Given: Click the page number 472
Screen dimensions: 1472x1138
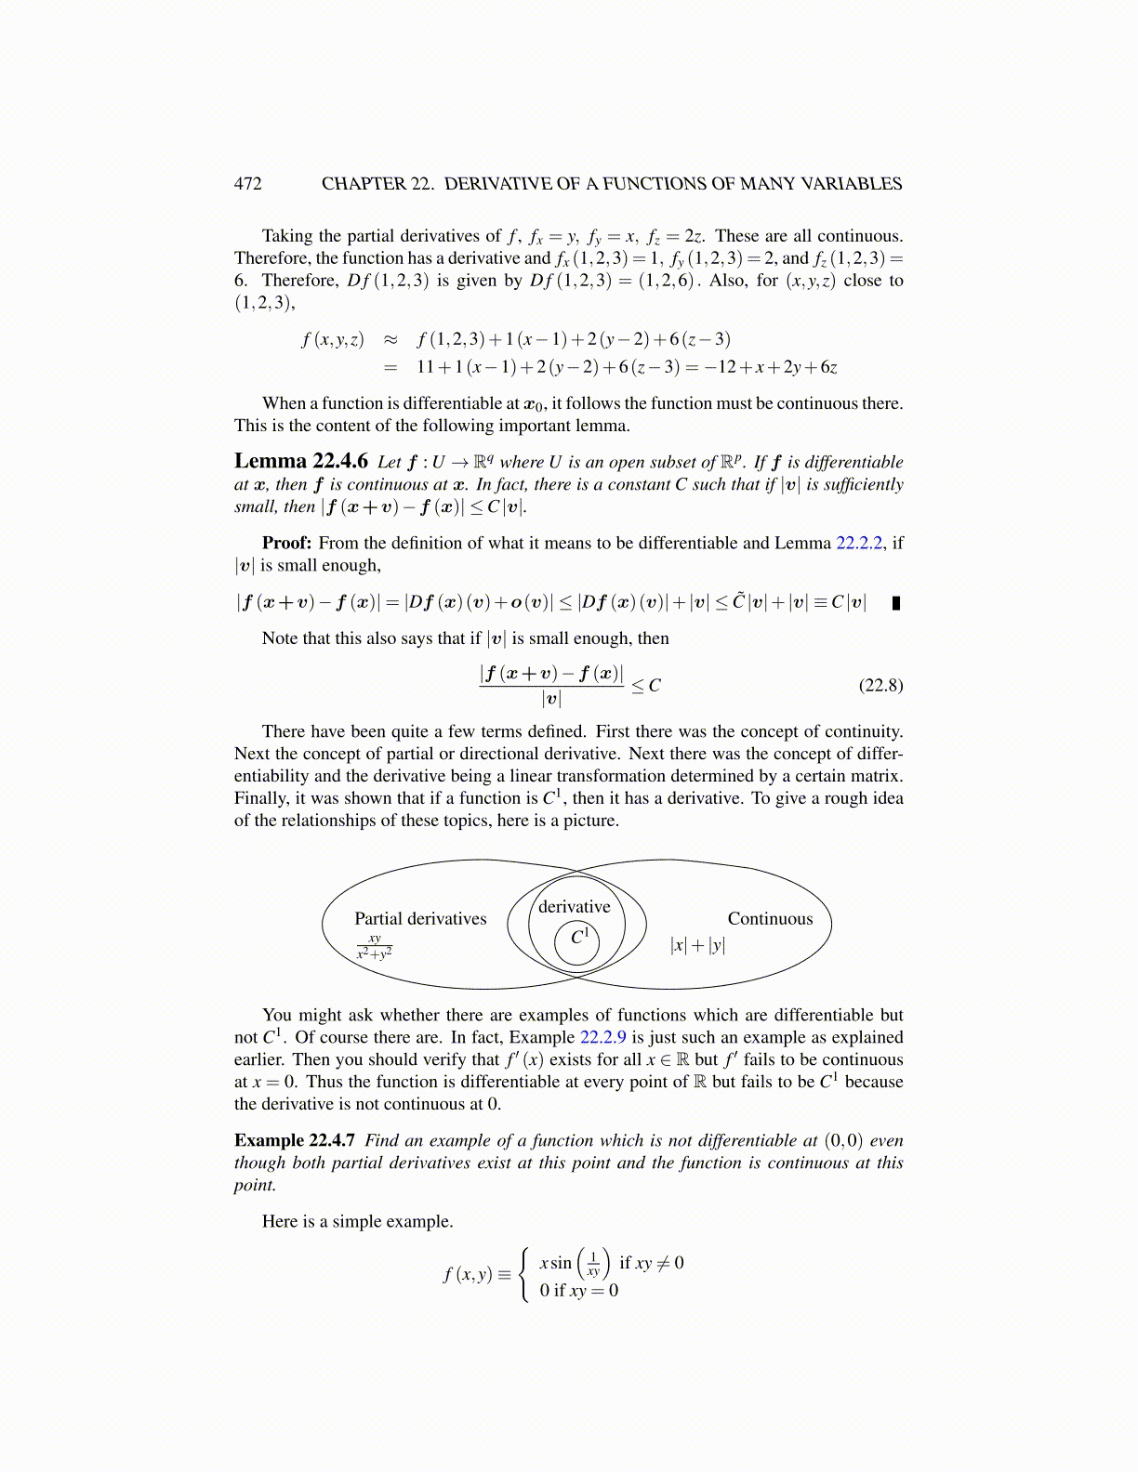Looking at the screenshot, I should point(247,184).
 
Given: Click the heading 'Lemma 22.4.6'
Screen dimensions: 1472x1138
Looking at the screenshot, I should point(300,462).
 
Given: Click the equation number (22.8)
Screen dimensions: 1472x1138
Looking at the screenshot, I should point(880,686).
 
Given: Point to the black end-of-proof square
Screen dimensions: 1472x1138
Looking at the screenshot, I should point(896,603).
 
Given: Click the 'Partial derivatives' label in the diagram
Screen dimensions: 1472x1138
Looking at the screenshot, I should point(420,919).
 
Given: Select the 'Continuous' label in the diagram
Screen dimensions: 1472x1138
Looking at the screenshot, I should point(770,919).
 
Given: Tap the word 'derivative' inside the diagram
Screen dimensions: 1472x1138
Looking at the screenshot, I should point(575,907).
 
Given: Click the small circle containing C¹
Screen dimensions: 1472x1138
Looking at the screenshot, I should point(577,940).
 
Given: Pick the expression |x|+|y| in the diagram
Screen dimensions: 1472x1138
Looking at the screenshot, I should point(697,946).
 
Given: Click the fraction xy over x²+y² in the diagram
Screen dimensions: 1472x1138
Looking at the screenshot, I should point(375,947).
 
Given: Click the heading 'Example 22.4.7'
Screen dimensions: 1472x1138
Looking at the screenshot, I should point(294,1141).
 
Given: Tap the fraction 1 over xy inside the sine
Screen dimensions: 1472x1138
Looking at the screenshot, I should point(593,1264).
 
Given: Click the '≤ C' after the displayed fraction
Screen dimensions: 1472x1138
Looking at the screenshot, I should point(646,686).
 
